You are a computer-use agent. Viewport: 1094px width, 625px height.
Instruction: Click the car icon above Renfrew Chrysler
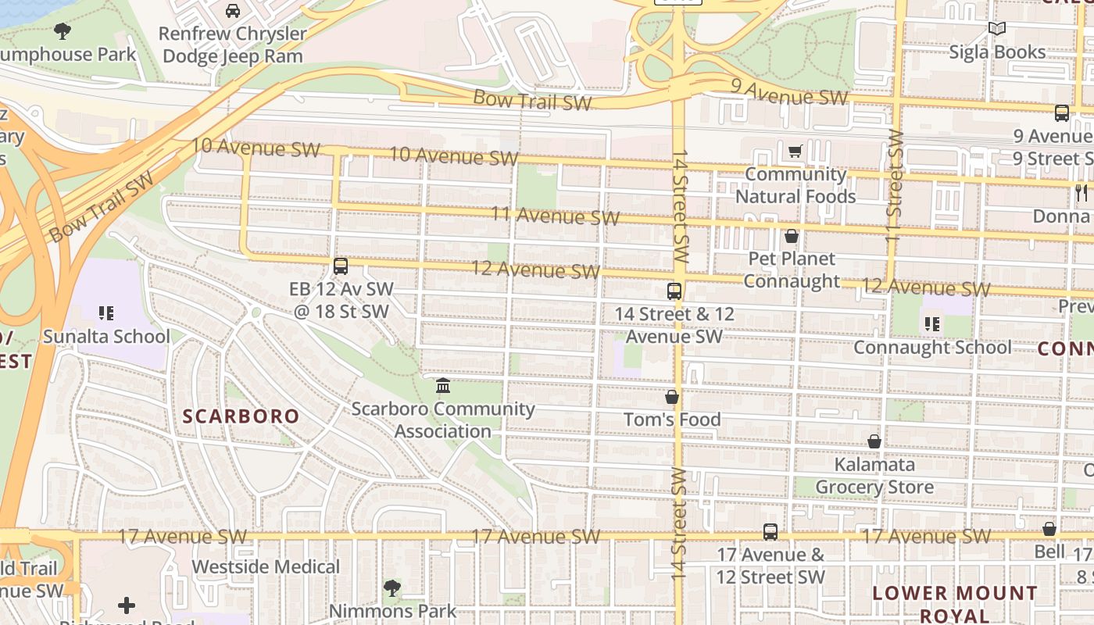click(232, 11)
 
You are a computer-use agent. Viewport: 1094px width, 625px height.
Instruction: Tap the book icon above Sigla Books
click(996, 29)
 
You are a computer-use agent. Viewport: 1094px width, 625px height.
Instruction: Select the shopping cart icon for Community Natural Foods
click(795, 151)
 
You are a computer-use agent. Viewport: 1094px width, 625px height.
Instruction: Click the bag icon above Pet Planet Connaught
click(792, 236)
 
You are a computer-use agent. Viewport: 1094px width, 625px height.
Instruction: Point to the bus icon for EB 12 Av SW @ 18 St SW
click(341, 266)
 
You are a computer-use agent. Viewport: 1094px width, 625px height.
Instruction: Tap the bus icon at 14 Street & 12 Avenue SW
click(674, 291)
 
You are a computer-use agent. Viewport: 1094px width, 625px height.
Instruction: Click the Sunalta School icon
click(106, 314)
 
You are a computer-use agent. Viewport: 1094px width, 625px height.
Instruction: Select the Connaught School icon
click(931, 323)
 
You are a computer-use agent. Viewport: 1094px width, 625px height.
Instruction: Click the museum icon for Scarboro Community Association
click(443, 386)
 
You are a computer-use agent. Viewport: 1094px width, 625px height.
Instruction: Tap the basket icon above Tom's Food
click(672, 397)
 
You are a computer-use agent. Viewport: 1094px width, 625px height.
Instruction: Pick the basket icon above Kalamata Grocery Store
click(874, 442)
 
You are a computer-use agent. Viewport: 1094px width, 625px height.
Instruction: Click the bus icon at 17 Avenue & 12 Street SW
click(770, 532)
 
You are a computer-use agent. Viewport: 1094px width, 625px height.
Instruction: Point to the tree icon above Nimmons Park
click(392, 587)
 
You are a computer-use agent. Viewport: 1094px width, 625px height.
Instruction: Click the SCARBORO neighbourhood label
click(241, 416)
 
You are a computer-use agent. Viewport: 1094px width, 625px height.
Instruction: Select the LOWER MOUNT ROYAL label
click(954, 604)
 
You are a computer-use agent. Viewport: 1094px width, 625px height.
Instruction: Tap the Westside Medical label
click(266, 566)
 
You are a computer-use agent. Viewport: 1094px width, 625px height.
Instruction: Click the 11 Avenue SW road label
click(555, 216)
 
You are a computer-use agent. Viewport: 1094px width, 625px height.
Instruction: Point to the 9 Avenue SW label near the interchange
click(789, 93)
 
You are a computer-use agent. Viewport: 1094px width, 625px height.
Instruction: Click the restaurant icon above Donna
click(1081, 193)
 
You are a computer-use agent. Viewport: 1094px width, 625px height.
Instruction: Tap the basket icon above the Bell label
click(1049, 529)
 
